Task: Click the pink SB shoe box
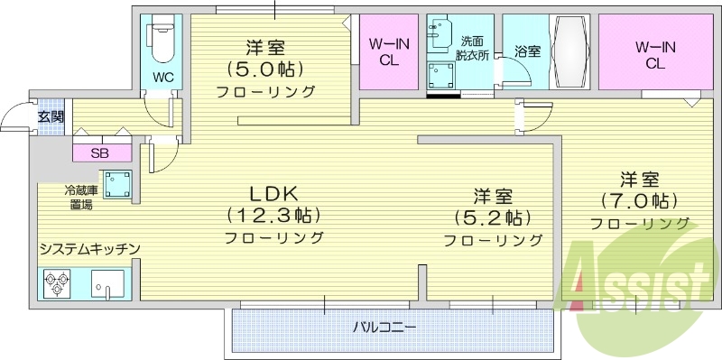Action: click(99, 152)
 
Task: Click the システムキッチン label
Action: click(88, 248)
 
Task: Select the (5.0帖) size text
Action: click(265, 69)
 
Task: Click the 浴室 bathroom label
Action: click(527, 51)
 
